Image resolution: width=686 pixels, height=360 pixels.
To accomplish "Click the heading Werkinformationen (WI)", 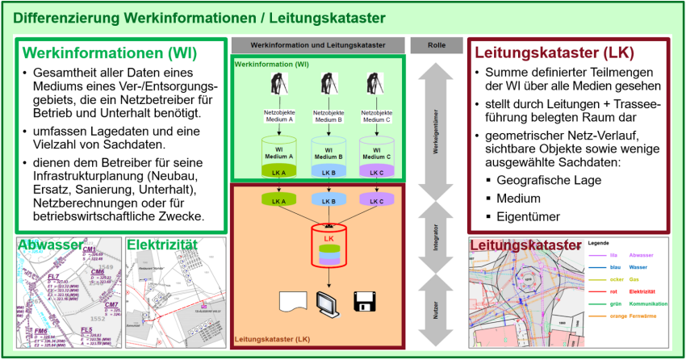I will coord(110,53).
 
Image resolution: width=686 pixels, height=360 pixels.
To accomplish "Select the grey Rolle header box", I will coord(436,45).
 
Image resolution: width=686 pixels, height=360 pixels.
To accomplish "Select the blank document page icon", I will coord(289,303).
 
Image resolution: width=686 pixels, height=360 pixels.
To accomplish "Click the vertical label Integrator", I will coord(436,235).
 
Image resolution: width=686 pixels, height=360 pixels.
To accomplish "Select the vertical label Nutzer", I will coord(436,306).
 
